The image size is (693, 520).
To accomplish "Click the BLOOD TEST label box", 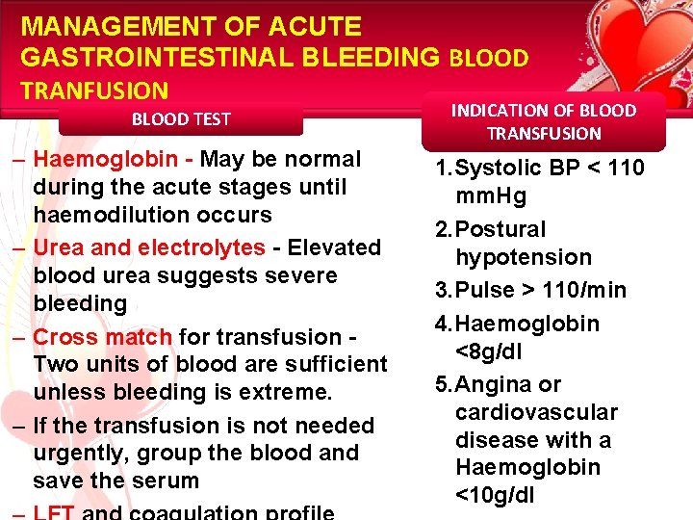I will click(181, 119).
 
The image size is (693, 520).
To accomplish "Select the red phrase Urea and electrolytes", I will click(149, 247).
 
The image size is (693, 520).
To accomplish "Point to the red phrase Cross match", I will click(103, 337).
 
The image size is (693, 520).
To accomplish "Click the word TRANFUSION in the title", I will click(94, 91).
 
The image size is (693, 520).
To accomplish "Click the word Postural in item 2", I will click(500, 229).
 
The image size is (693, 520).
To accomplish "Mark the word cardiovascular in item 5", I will click(536, 412).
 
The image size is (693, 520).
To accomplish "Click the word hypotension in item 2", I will click(524, 257).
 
